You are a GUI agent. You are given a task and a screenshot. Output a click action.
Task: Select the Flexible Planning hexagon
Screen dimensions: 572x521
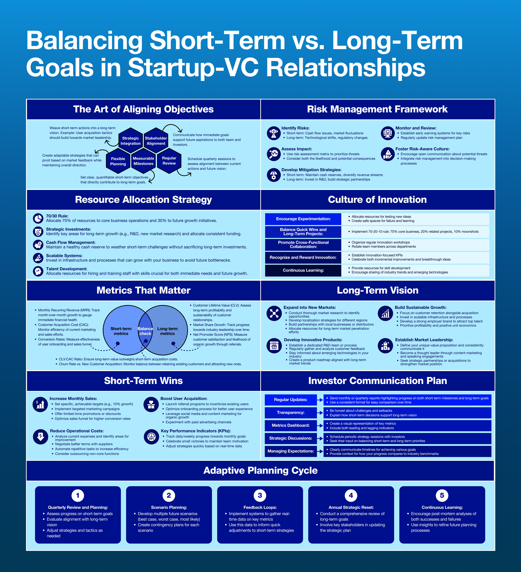point(118,161)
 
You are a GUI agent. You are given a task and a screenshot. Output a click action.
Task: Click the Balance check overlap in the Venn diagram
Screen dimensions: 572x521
point(145,331)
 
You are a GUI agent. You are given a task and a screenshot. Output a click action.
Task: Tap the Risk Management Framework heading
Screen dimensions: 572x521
point(377,109)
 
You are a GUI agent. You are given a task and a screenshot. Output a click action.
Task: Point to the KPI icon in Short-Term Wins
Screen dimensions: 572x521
point(151,437)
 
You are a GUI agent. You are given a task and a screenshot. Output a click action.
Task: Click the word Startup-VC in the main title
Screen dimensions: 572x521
point(193,68)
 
